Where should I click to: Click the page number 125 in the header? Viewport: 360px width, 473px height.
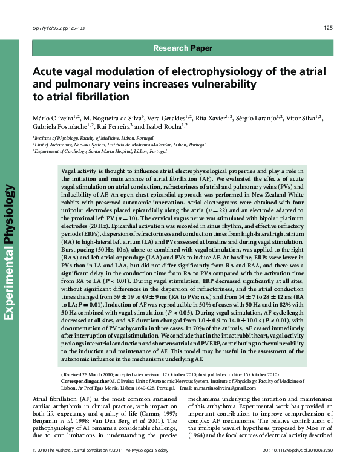pos(328,27)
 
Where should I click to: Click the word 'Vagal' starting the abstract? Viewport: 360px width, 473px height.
pos(69,172)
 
